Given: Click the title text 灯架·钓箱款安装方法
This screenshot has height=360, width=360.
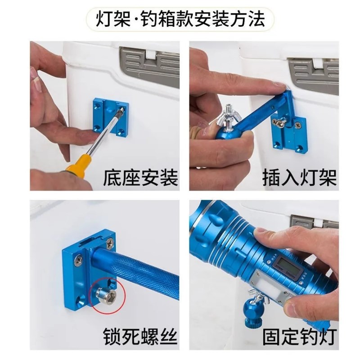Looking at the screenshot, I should click(x=180, y=20).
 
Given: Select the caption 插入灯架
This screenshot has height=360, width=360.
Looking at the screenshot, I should click(x=300, y=177).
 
